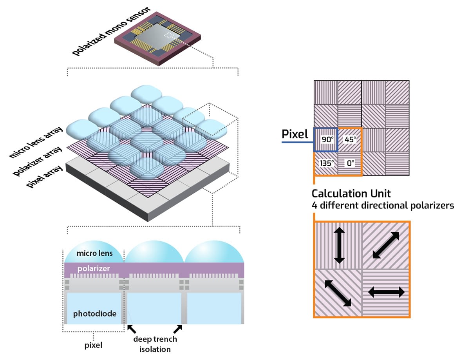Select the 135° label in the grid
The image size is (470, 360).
(x=325, y=163)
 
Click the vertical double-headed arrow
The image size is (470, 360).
(x=339, y=246)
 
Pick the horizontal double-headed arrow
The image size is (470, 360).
(x=386, y=292)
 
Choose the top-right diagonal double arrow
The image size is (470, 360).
(x=386, y=245)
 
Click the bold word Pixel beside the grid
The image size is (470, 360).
(x=295, y=135)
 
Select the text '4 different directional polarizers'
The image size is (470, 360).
(x=383, y=205)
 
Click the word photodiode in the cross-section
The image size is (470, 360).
(x=94, y=313)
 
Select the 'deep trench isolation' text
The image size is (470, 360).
(x=155, y=344)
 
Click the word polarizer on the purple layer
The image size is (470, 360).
(x=93, y=269)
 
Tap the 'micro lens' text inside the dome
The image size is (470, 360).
(x=94, y=253)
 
